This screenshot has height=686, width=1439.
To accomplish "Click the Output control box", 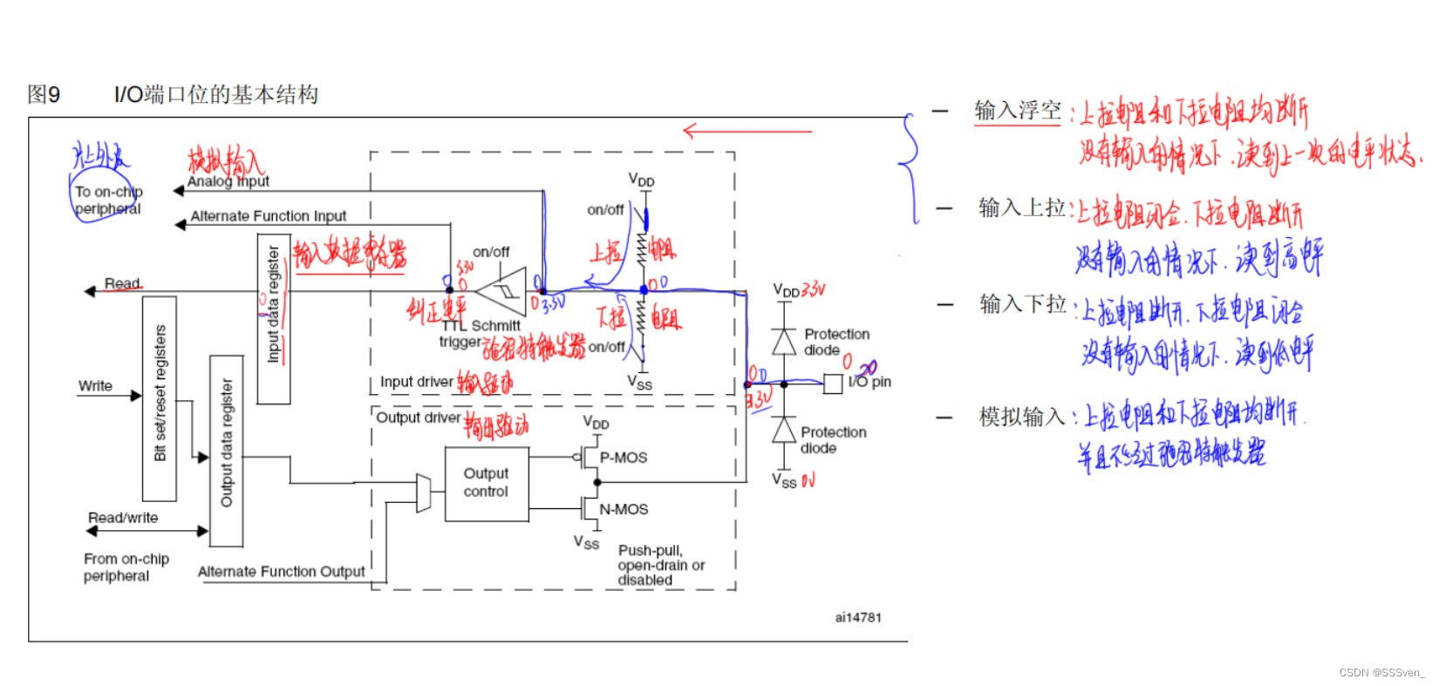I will [486, 484].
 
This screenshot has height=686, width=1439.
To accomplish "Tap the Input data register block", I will [274, 318].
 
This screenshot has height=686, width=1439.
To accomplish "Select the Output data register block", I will [227, 451].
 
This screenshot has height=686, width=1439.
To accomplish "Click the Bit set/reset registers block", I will [160, 398].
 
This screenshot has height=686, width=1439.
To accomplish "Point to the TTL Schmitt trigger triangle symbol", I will [504, 291].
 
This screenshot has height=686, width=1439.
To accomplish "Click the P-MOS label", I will [623, 458].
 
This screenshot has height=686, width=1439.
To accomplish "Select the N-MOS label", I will [624, 509].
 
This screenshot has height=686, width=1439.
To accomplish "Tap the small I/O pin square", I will [833, 384].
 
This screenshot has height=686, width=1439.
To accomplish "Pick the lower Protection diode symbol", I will [784, 430].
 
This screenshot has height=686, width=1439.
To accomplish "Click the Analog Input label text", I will [228, 181].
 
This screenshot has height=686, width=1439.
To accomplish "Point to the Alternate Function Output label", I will [281, 572].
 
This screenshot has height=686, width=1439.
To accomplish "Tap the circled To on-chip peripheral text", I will [107, 200].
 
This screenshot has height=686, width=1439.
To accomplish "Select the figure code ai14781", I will [858, 617].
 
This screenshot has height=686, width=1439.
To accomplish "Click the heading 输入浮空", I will [1017, 111].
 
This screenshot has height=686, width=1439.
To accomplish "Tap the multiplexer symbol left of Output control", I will [424, 493].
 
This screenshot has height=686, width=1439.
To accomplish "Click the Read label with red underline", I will [122, 283].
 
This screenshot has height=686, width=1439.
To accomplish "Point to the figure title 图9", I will [44, 94].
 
